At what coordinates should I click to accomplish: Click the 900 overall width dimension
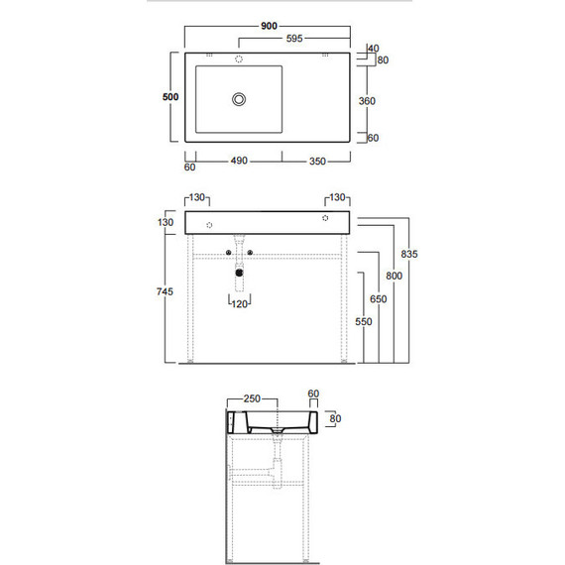(269, 26)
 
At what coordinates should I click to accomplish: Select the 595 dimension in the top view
(294, 39)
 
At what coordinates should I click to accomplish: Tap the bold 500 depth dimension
(170, 97)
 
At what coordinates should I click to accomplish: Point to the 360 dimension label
(367, 101)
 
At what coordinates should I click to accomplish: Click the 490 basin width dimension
(239, 161)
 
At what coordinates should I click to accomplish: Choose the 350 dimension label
(317, 161)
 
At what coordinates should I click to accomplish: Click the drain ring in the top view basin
(239, 99)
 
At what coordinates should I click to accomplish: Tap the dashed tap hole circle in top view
(239, 58)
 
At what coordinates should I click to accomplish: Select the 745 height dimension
(165, 291)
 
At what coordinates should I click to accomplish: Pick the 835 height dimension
(409, 254)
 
